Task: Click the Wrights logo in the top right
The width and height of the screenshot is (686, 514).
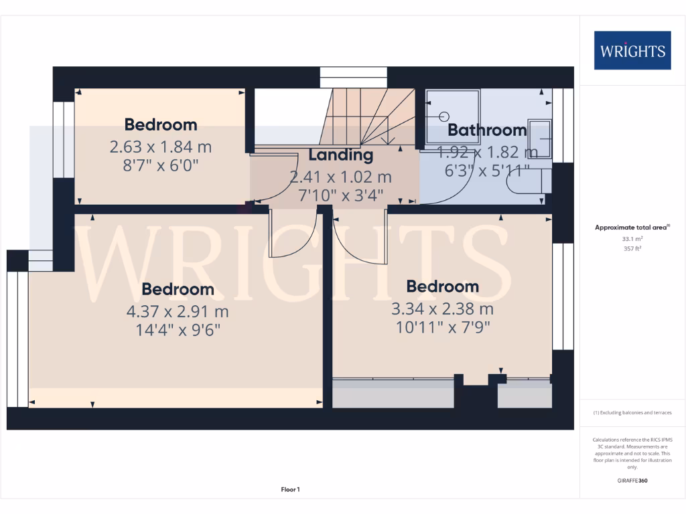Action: tap(632, 50)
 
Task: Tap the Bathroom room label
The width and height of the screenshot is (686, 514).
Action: tap(487, 130)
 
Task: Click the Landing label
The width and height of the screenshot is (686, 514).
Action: tap(340, 155)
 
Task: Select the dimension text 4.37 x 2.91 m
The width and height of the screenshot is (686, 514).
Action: tap(178, 311)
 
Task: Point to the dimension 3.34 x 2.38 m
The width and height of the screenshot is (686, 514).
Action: tap(442, 309)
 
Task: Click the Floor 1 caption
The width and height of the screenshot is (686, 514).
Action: tap(290, 490)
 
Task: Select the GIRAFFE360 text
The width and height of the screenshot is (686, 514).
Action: tap(632, 481)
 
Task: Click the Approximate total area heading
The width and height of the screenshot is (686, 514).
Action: tap(632, 228)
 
